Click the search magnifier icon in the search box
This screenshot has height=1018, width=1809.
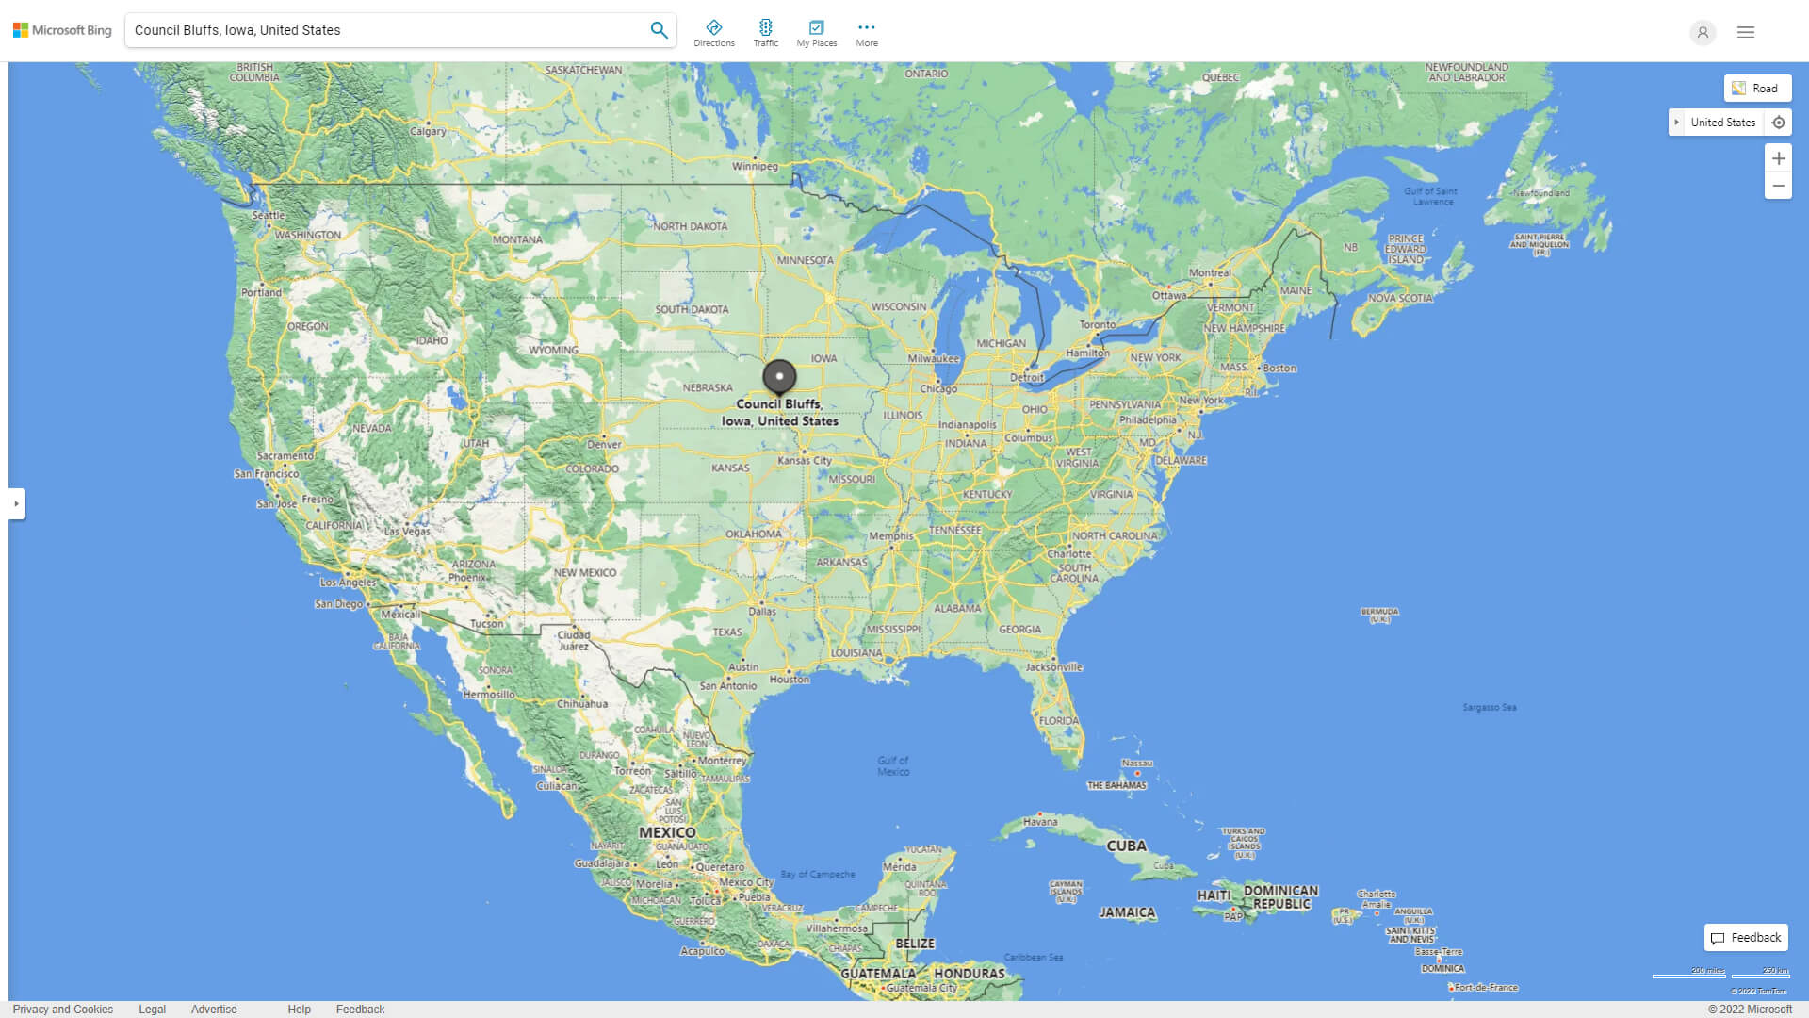pyautogui.click(x=659, y=30)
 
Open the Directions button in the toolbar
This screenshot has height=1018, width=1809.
pyautogui.click(x=714, y=33)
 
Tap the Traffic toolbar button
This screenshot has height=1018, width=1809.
pyautogui.click(x=766, y=33)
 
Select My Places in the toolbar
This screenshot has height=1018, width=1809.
pyautogui.click(x=816, y=33)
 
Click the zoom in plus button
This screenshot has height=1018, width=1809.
pyautogui.click(x=1778, y=158)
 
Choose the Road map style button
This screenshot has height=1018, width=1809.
pyautogui.click(x=1757, y=89)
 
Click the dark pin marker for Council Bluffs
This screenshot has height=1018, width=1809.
pyautogui.click(x=779, y=376)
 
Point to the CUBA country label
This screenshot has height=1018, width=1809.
pyautogui.click(x=1126, y=846)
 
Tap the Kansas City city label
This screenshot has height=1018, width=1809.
pyautogui.click(x=805, y=461)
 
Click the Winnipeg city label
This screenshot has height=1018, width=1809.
pyautogui.click(x=755, y=167)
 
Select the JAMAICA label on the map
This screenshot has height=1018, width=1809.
pyautogui.click(x=1127, y=912)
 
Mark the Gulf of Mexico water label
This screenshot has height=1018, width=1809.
pyautogui.click(x=893, y=765)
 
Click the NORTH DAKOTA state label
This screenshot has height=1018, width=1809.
pyautogui.click(x=690, y=226)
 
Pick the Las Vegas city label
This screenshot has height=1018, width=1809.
pyautogui.click(x=407, y=532)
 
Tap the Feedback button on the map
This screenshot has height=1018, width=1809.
pyautogui.click(x=1746, y=938)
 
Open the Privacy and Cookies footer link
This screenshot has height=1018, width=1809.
pyautogui.click(x=63, y=1010)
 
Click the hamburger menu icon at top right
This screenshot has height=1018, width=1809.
pyautogui.click(x=1746, y=32)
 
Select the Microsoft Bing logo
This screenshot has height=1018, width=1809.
pyautogui.click(x=62, y=30)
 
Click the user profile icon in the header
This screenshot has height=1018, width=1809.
pyautogui.click(x=1703, y=32)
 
